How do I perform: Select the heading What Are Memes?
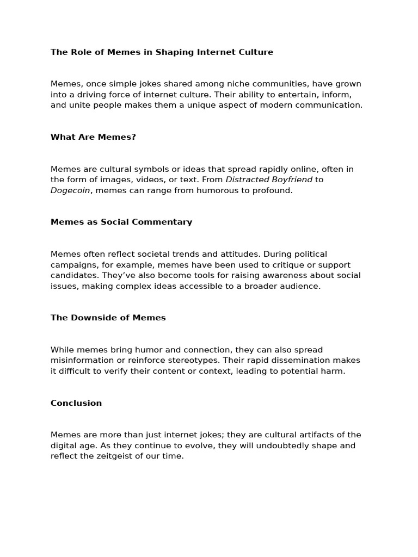(93, 137)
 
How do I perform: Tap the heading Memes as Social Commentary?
(121, 222)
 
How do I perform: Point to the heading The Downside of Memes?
(108, 318)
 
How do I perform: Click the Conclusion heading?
(76, 403)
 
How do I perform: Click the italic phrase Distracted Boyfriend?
(269, 180)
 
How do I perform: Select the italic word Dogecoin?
(70, 190)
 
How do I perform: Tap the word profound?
(274, 190)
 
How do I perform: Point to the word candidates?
(72, 275)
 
